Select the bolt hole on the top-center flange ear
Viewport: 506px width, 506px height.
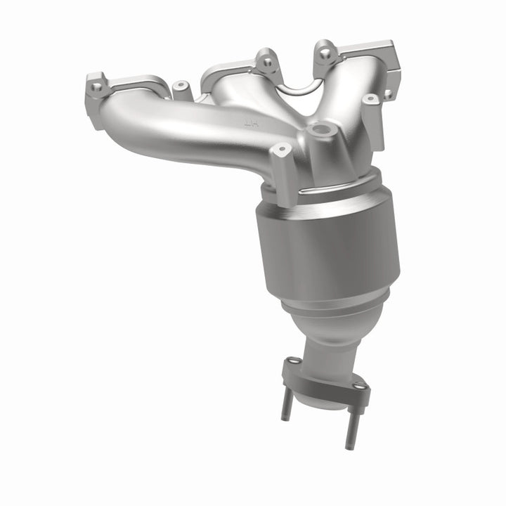point(268,62)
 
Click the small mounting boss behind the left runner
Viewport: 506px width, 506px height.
point(182,88)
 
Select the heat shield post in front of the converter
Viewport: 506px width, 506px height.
point(283,176)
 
